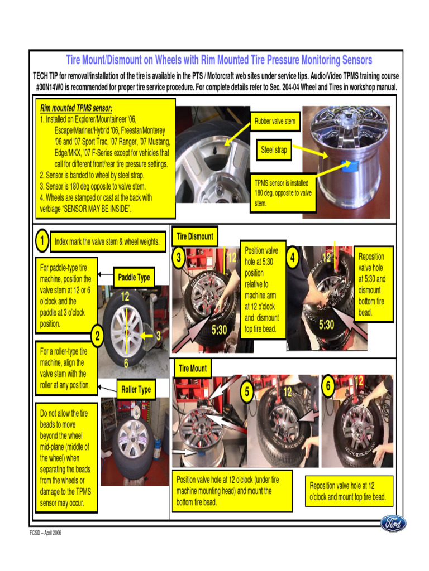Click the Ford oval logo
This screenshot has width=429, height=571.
(393, 524)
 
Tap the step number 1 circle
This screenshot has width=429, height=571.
(41, 241)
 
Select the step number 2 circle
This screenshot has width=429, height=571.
(97, 336)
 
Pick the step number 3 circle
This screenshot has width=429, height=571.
(179, 258)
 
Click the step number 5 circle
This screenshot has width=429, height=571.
(246, 391)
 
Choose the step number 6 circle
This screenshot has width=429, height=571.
(329, 386)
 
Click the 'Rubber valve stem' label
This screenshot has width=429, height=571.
(275, 121)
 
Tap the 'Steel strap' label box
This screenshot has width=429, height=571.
(274, 150)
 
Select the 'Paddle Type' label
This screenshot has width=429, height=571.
(134, 277)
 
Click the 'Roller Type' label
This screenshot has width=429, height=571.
(136, 389)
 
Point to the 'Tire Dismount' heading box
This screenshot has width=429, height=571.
(194, 236)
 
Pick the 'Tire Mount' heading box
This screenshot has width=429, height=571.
(192, 369)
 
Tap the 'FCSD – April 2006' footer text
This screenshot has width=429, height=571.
(46, 533)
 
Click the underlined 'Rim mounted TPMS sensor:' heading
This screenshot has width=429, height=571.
(76, 108)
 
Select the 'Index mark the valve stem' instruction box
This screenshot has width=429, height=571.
(107, 242)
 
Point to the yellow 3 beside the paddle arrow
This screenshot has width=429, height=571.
(158, 336)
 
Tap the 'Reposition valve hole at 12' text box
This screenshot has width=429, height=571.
(348, 491)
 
